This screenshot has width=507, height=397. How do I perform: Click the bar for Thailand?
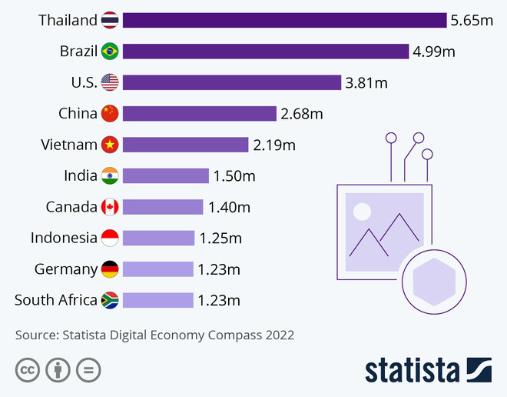point(284,20)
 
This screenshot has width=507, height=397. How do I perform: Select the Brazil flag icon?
point(110,52)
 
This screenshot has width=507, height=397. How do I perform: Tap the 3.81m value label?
point(366,82)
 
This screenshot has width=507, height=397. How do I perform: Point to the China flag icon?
point(110,114)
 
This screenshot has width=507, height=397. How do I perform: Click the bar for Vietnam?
point(185,145)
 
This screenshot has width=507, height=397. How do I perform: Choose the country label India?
point(81,176)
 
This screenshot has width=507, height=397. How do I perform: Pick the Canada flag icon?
point(110,207)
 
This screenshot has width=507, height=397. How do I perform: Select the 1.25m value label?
point(220,239)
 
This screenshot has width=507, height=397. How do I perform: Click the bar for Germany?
point(157,269)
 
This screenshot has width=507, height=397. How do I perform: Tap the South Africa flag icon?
point(110,300)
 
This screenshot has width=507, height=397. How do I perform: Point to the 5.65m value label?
point(472,20)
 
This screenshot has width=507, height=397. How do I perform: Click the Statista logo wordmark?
point(412,369)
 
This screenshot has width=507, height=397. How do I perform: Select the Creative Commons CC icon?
point(28,369)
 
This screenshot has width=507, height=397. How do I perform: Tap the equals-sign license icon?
point(88,369)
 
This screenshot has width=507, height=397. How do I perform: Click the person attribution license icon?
point(58,369)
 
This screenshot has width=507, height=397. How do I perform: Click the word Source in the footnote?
point(35,335)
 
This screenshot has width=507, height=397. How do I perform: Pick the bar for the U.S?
point(231,82)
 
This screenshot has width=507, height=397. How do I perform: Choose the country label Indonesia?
point(64,239)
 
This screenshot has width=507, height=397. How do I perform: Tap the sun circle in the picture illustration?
point(362,211)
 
